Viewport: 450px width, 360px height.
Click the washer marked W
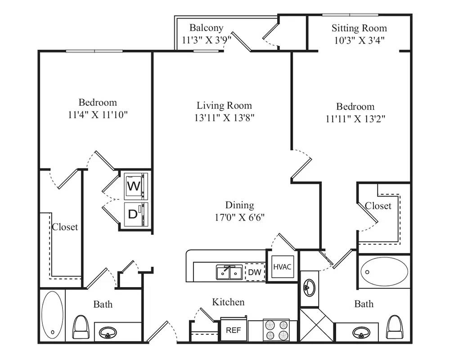point(135,186)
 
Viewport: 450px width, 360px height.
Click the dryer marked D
point(135,214)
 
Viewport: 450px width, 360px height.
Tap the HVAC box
point(282,267)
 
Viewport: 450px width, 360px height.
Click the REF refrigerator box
point(233,330)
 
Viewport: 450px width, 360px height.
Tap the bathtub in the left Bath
point(53,314)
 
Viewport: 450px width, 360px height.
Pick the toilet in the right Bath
point(395,327)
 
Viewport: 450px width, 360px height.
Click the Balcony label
point(206,28)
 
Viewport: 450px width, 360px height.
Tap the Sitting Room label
point(359,28)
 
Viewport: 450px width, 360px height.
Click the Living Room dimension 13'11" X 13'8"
point(224,117)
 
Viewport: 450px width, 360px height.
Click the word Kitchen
point(228,301)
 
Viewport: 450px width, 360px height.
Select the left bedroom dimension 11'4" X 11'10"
point(98,114)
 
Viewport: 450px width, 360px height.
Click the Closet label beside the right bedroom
point(378,206)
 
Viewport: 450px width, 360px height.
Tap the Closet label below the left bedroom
point(65,227)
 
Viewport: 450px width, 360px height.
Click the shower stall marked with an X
point(317,326)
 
